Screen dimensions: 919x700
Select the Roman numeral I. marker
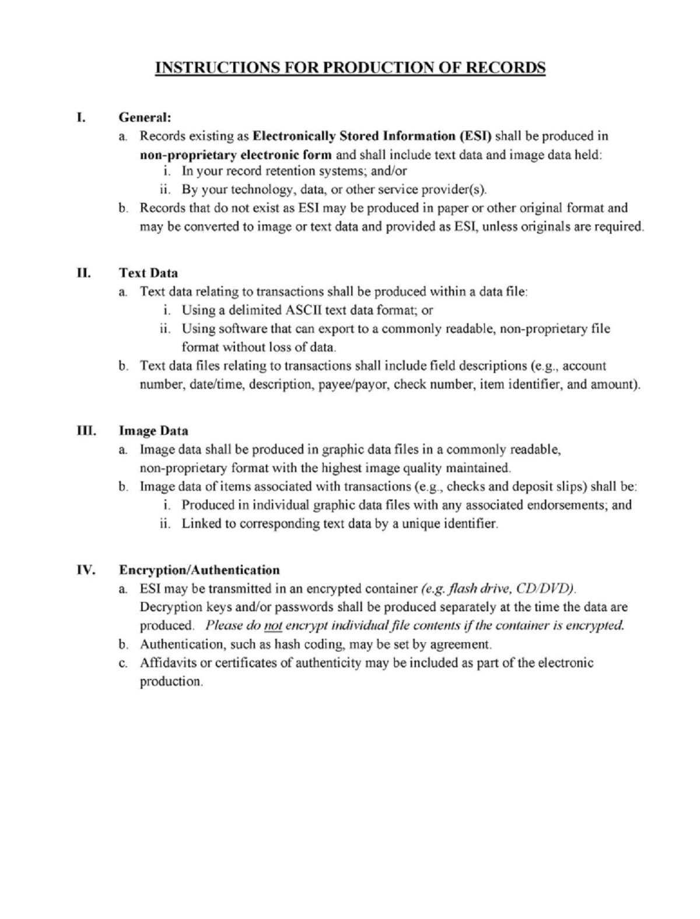(x=82, y=117)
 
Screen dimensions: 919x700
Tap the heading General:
(x=145, y=117)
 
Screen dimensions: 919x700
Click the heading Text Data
(x=149, y=273)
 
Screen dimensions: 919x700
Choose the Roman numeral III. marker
(x=86, y=431)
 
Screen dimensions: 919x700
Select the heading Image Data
(x=153, y=431)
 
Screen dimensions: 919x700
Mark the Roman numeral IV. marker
(x=85, y=569)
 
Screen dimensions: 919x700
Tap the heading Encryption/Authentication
(x=199, y=570)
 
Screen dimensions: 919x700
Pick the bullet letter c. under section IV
(x=123, y=663)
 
